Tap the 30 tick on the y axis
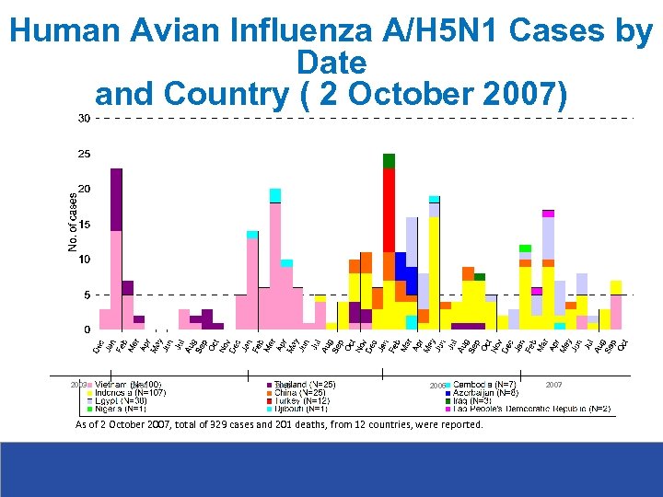[84, 118]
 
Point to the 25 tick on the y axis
[84, 154]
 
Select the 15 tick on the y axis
[84, 225]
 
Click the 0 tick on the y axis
[87, 329]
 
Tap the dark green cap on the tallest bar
[389, 161]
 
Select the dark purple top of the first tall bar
[116, 199]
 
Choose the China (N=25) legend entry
[304, 392]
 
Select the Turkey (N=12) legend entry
[307, 400]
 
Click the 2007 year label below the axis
[553, 384]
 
